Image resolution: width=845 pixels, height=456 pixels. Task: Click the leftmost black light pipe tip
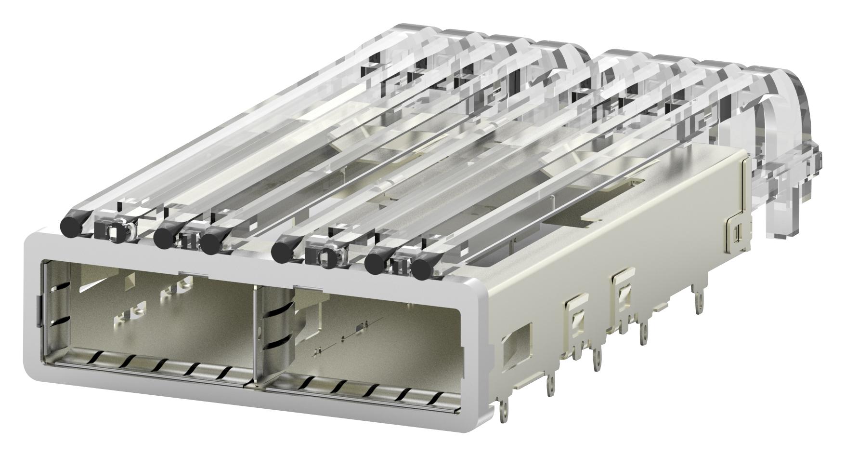pyautogui.click(x=70, y=225)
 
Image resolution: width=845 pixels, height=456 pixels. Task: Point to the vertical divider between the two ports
pyautogui.click(x=254, y=337)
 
